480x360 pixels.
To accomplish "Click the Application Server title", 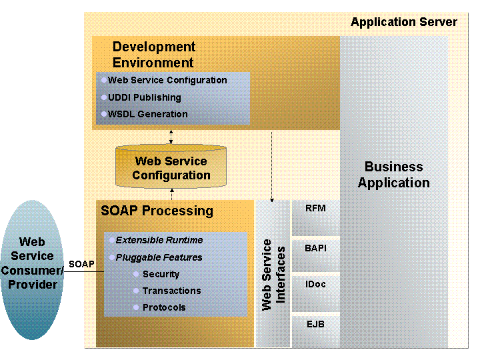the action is [404, 22].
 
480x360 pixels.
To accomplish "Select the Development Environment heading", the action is [154, 55].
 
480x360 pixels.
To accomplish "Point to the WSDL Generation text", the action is [147, 114].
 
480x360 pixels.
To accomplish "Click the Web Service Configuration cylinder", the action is [171, 166].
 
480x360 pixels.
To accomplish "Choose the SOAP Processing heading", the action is [157, 211].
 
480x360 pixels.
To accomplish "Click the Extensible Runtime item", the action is [159, 240].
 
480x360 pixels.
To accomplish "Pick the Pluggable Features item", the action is [159, 257].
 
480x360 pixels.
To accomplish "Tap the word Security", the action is [161, 274].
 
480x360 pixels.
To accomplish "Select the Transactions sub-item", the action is [172, 291].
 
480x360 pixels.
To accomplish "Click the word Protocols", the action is [164, 307].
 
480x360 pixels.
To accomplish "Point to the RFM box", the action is [315, 217].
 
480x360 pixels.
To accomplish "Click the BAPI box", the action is [315, 256].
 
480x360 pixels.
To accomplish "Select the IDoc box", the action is [315, 293].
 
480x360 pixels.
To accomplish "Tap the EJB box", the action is [315, 332].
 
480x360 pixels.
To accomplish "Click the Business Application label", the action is [394, 175].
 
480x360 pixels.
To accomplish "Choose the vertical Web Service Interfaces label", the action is [273, 275].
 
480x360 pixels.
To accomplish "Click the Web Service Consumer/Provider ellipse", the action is [33, 270].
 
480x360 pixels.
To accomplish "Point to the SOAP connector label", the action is [81, 264].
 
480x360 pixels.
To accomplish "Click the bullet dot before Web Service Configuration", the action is [104, 80].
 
